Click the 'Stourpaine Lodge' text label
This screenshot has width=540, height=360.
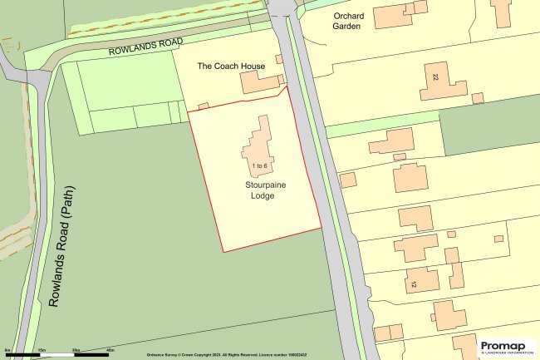pos(259,189)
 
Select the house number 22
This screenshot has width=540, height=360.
pos(435,77)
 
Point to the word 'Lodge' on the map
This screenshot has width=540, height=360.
pos(259,195)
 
